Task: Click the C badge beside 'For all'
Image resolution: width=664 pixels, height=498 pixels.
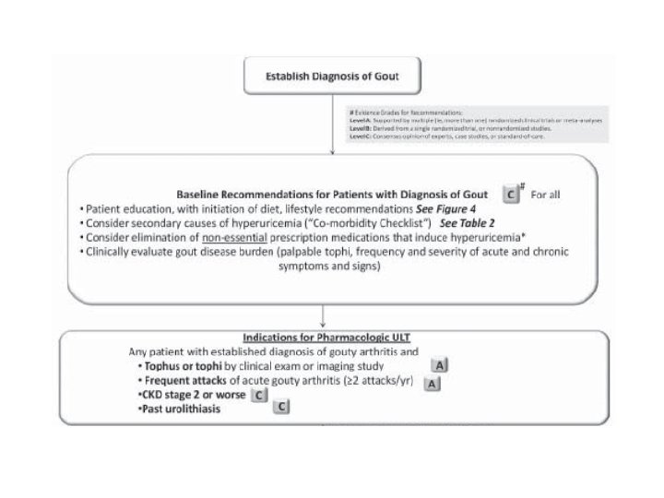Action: point(509,196)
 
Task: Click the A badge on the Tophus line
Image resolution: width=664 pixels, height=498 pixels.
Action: point(440,366)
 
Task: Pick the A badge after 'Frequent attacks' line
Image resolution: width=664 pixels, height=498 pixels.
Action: point(430,384)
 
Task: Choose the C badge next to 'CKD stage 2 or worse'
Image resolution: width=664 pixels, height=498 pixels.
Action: point(260,395)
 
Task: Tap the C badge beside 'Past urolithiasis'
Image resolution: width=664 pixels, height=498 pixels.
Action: point(282,409)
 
